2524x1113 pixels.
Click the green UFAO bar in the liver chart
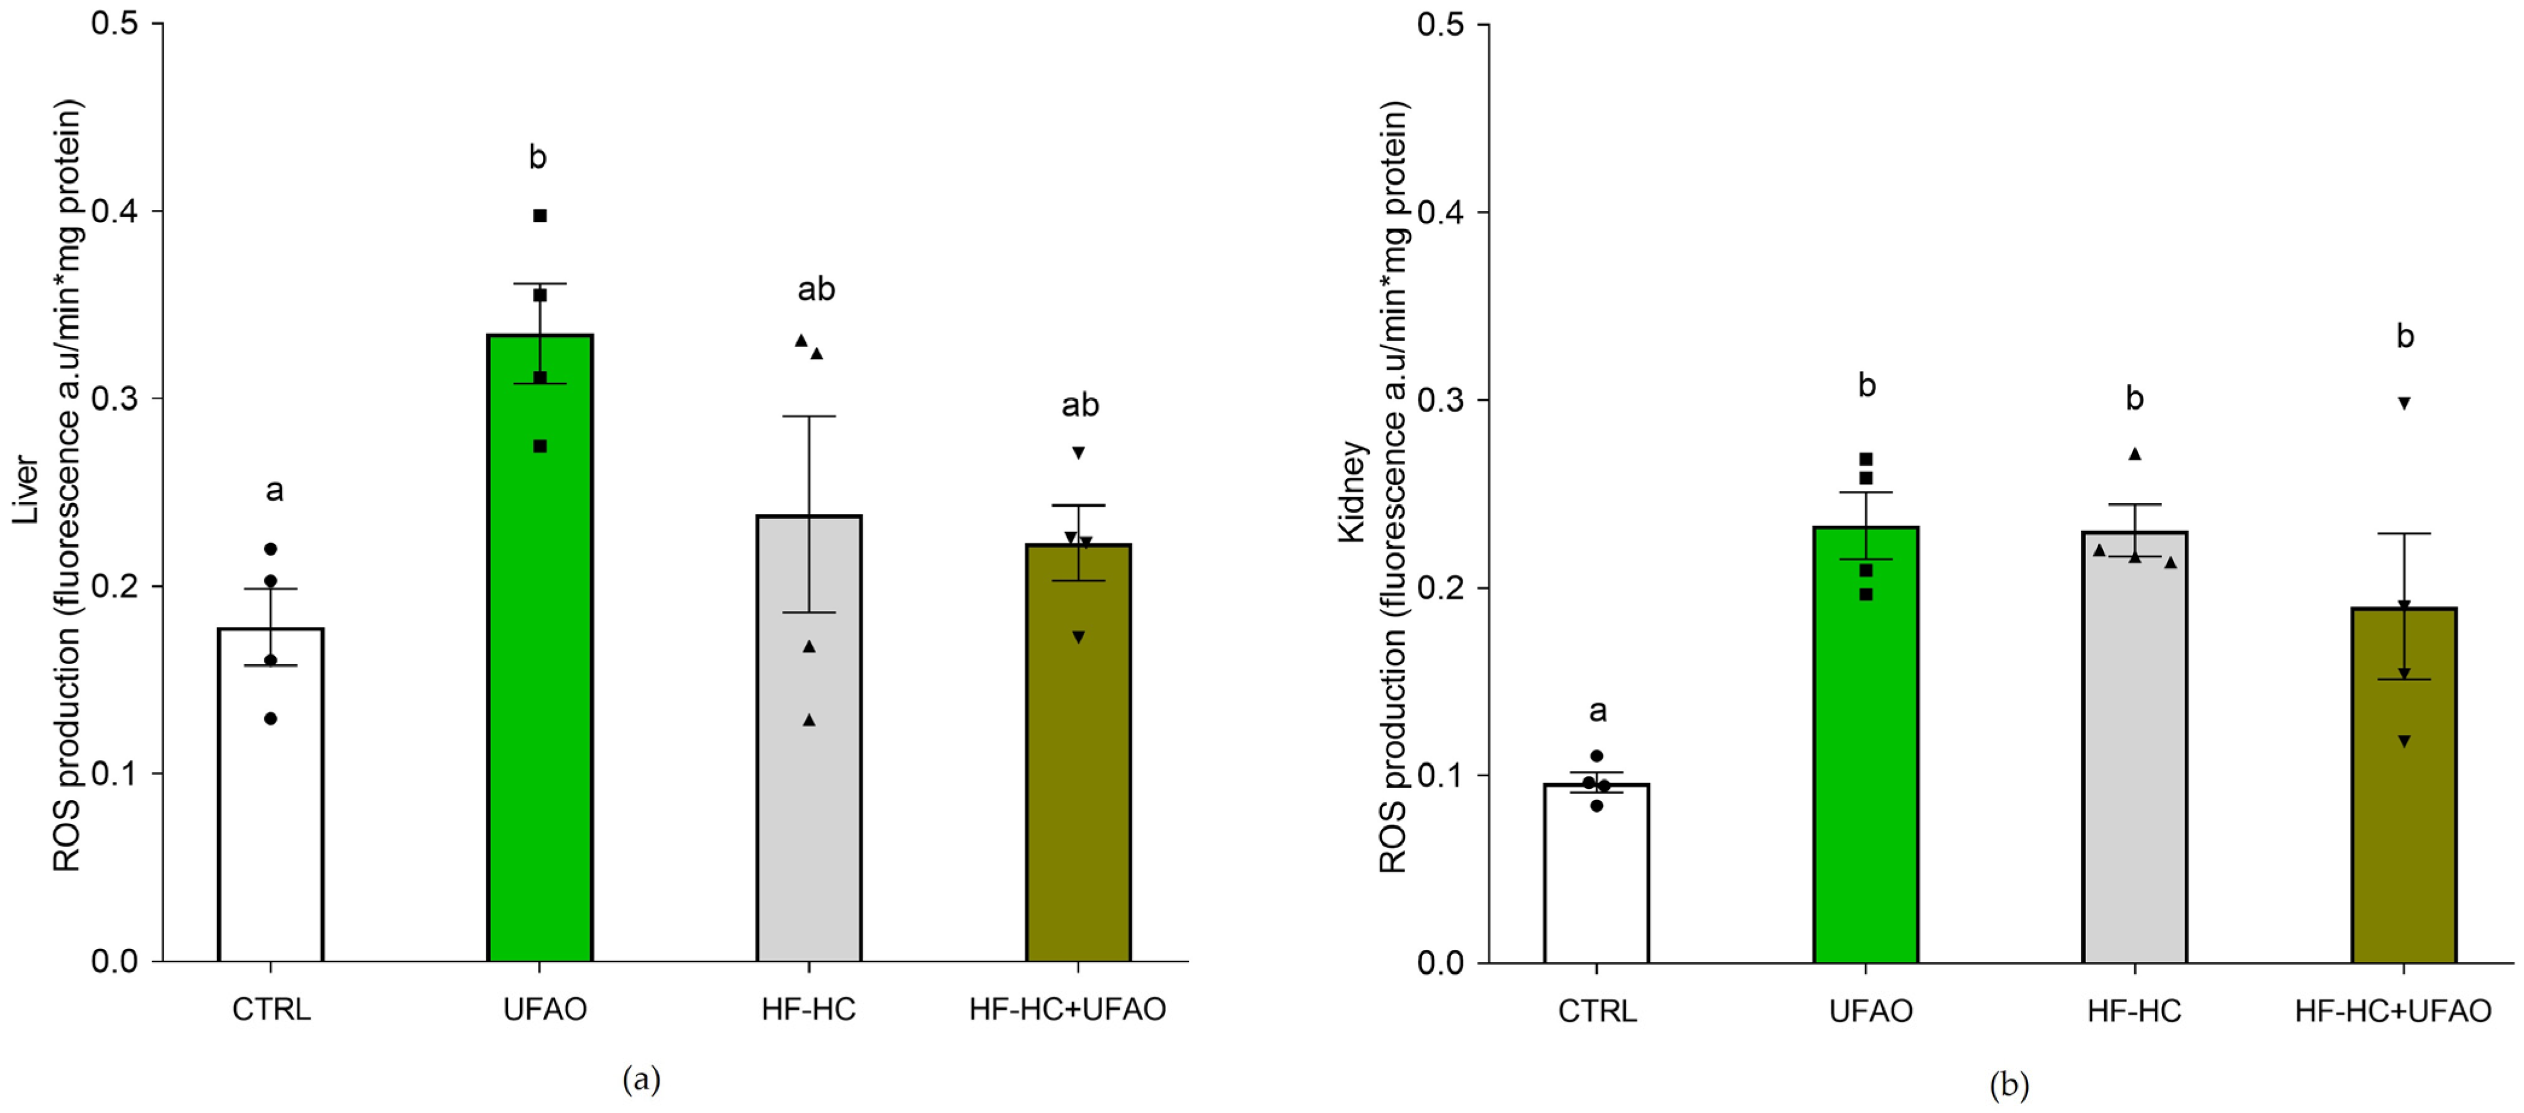(540, 686)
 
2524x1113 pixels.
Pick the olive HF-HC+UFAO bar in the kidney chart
(2403, 804)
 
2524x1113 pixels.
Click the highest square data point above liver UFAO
(540, 215)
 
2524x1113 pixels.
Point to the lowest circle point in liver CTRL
(270, 718)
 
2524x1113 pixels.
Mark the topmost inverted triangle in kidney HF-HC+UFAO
(2403, 403)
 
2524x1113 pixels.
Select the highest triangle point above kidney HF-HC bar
(2135, 454)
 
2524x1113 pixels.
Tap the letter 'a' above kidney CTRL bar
(1597, 711)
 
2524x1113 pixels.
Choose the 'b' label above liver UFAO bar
(537, 157)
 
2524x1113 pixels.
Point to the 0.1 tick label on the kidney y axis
(1441, 775)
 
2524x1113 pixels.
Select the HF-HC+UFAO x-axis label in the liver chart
(1067, 1009)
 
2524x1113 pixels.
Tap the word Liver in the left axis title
(25, 490)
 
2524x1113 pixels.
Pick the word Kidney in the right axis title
(1352, 492)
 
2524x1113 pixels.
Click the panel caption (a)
(642, 1080)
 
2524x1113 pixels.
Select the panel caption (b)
(2009, 1085)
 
